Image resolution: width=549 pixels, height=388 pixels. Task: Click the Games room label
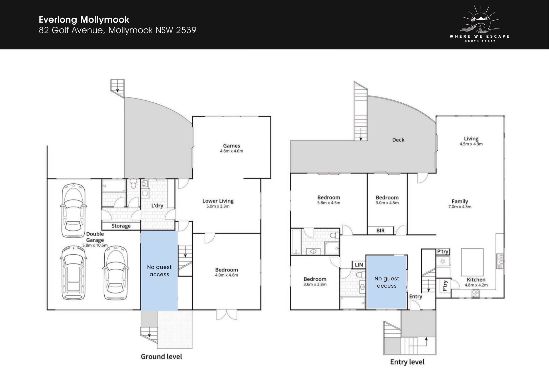pos(232,146)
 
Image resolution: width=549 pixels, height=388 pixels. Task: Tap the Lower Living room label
pos(218,201)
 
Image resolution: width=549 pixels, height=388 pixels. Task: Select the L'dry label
pos(157,205)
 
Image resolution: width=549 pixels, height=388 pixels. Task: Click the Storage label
pos(121,226)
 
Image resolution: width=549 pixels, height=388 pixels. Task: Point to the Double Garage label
pos(95,237)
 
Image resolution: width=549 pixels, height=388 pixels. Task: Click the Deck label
pos(398,140)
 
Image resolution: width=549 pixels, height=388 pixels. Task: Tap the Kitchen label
pos(476,280)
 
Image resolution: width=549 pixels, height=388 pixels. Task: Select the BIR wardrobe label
pos(380,230)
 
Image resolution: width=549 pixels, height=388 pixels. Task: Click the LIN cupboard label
pos(359,265)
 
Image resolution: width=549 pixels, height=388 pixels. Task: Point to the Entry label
pos(415,296)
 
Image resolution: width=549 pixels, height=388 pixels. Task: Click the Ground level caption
pos(161,357)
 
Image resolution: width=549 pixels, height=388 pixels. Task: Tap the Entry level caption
pos(407,362)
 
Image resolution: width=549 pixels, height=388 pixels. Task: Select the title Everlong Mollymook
pos(84,19)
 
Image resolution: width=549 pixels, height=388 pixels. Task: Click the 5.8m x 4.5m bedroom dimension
pos(329,203)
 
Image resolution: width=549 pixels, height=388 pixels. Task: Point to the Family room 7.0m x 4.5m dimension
pos(460,207)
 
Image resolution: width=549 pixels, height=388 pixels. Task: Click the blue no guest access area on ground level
pos(159,270)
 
